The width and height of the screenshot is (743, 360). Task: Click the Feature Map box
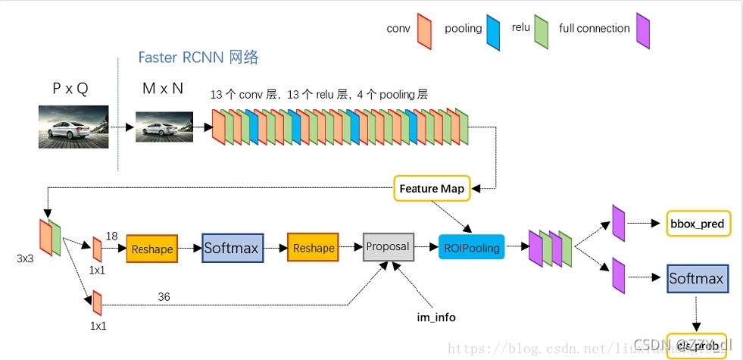tap(432, 188)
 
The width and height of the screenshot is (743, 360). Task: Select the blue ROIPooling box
tap(470, 247)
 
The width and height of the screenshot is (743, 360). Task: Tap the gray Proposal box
tap(388, 246)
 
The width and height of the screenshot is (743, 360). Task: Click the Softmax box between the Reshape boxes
tap(232, 248)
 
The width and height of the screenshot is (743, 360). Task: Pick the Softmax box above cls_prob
tap(695, 278)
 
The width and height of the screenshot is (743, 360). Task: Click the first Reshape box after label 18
tap(151, 249)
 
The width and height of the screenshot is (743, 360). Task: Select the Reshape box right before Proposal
tap(313, 248)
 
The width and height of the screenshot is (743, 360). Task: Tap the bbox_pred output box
tap(697, 224)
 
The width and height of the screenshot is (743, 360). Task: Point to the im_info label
tap(436, 317)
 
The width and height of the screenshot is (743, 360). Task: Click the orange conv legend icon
tap(424, 30)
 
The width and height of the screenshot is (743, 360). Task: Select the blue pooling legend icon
tap(494, 30)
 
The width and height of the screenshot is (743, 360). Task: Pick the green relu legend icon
tap(541, 30)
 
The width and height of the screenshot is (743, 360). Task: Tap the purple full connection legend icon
tap(643, 30)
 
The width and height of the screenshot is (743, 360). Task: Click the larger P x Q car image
tap(73, 126)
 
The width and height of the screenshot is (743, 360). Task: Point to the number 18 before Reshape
tap(112, 236)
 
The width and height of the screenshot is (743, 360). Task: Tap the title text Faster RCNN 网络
tap(198, 58)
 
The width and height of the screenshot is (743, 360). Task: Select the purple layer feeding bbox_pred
tap(618, 224)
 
